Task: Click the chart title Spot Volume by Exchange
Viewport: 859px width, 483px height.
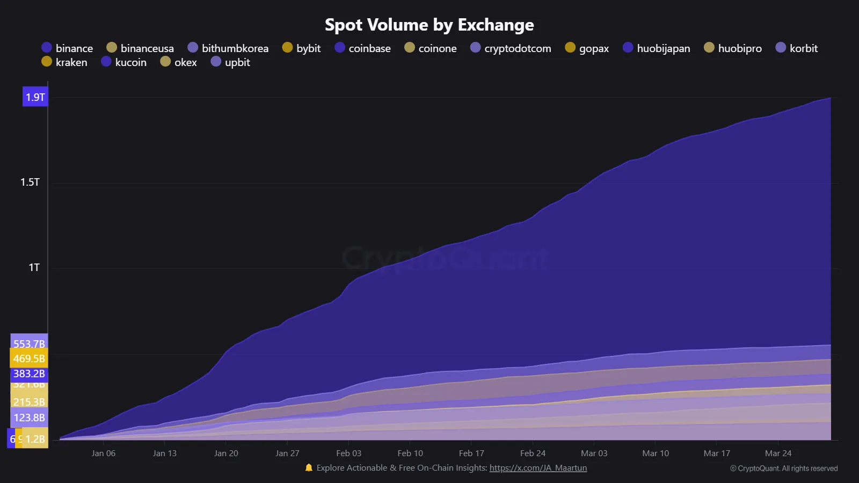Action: [x=429, y=25]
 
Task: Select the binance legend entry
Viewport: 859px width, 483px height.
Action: [x=67, y=48]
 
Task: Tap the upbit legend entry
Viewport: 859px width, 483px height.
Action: [x=231, y=62]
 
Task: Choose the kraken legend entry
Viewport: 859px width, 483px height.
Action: [x=64, y=62]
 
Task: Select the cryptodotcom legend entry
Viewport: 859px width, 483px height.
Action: [x=511, y=48]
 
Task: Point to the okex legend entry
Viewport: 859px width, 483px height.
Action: [x=179, y=62]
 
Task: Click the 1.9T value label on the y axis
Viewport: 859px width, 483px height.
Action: [x=35, y=97]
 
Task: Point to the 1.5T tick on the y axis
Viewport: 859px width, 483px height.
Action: [x=30, y=182]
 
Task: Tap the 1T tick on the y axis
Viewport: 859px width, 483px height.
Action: [x=34, y=268]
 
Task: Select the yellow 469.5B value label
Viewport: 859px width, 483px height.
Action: [x=29, y=358]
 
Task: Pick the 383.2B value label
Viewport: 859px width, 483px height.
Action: [x=29, y=374]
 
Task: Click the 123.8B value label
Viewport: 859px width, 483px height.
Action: [x=29, y=418]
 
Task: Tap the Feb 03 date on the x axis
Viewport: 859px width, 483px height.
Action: [x=348, y=453]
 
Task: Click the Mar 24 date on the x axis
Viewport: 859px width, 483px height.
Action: [x=778, y=453]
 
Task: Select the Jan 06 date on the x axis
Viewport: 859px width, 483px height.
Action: [x=103, y=453]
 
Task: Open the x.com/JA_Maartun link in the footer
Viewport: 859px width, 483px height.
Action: [x=538, y=468]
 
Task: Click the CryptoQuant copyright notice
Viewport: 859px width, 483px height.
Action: [x=784, y=469]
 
